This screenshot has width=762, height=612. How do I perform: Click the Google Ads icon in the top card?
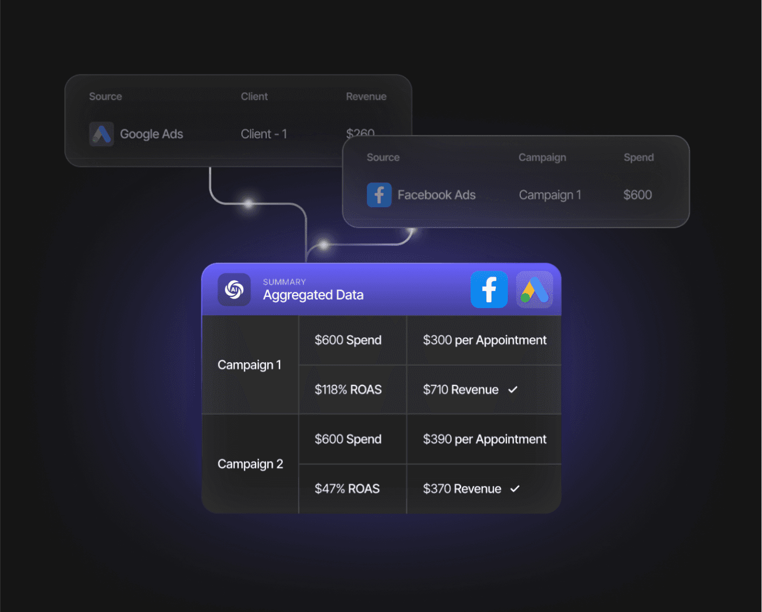point(101,134)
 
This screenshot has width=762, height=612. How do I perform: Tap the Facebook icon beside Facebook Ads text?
point(379,195)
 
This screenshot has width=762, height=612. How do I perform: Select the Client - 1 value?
point(263,134)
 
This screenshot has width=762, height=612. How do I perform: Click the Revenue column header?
point(366,97)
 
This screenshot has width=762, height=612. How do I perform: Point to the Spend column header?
point(638,158)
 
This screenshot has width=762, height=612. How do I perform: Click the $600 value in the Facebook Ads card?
point(637,195)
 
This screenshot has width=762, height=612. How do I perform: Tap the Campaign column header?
point(542,158)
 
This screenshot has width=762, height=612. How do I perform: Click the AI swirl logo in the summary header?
point(234,290)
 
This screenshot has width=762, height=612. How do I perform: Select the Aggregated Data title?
point(313,295)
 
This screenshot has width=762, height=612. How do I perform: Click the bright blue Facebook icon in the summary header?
point(489,290)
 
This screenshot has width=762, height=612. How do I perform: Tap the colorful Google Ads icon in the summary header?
point(534,290)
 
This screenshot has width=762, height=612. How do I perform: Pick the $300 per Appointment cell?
point(484,340)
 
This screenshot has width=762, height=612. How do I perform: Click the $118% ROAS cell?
point(348,390)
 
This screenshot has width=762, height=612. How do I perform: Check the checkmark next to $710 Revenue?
point(513,390)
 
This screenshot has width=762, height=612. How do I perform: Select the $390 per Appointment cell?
point(484,439)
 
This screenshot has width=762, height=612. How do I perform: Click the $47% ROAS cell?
point(347,489)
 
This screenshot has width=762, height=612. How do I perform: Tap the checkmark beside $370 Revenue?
point(515,489)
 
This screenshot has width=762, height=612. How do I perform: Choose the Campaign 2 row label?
point(250,464)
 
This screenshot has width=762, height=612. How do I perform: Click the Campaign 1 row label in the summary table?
point(249,365)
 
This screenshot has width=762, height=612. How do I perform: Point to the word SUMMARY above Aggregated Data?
point(284,282)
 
